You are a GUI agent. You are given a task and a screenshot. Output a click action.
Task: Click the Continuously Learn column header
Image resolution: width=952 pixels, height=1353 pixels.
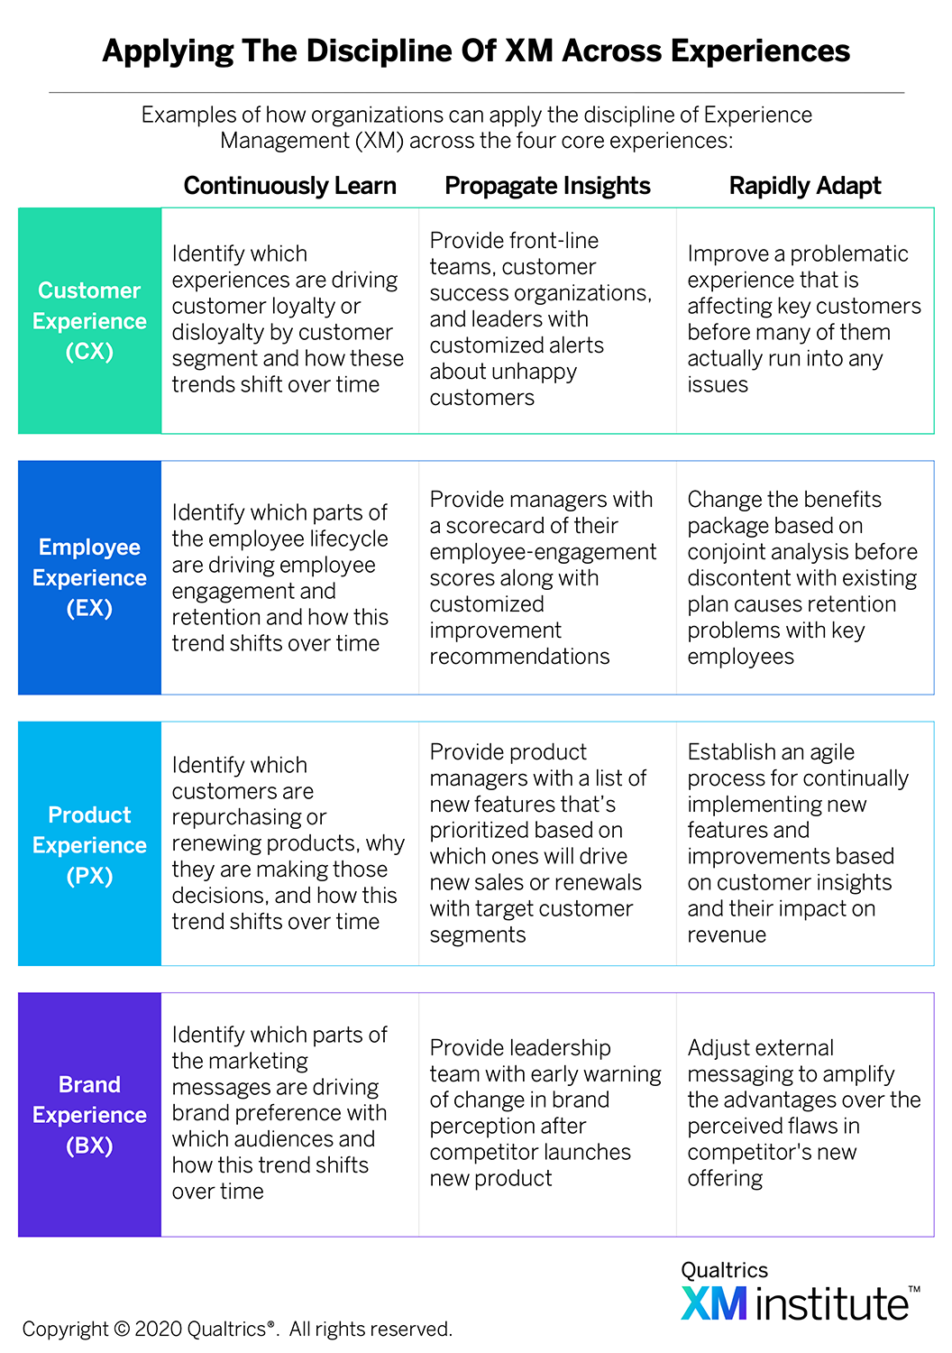[x=289, y=186]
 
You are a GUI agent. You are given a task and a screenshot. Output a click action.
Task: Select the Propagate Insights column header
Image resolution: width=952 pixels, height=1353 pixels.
[x=547, y=186]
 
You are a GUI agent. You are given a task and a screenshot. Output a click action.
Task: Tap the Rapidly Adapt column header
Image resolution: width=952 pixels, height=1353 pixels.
[x=805, y=186]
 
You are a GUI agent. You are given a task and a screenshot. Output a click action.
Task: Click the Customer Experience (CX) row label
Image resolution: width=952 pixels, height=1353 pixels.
[x=89, y=321]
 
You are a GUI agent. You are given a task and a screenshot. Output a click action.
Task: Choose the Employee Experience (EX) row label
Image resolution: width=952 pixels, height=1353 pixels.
[x=89, y=577]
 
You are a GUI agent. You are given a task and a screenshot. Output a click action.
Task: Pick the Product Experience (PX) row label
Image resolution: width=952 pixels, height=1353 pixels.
[x=89, y=845]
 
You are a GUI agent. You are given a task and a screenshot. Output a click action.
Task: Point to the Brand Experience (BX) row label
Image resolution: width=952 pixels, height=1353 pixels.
[x=89, y=1114]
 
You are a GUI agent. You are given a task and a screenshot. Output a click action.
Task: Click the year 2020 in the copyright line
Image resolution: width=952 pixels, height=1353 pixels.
[x=158, y=1329]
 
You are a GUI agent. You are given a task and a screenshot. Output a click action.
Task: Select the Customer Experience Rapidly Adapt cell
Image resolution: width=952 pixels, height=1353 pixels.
[x=805, y=319]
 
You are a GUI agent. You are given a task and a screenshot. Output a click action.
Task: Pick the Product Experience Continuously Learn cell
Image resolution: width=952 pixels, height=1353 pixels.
[x=288, y=843]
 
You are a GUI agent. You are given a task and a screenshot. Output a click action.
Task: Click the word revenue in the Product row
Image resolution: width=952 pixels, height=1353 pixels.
[x=727, y=935]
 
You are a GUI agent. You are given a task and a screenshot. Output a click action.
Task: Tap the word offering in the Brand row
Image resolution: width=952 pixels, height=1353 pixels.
[x=725, y=1178]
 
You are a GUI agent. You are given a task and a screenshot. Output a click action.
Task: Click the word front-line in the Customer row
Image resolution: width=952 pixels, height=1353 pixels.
[x=556, y=241]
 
